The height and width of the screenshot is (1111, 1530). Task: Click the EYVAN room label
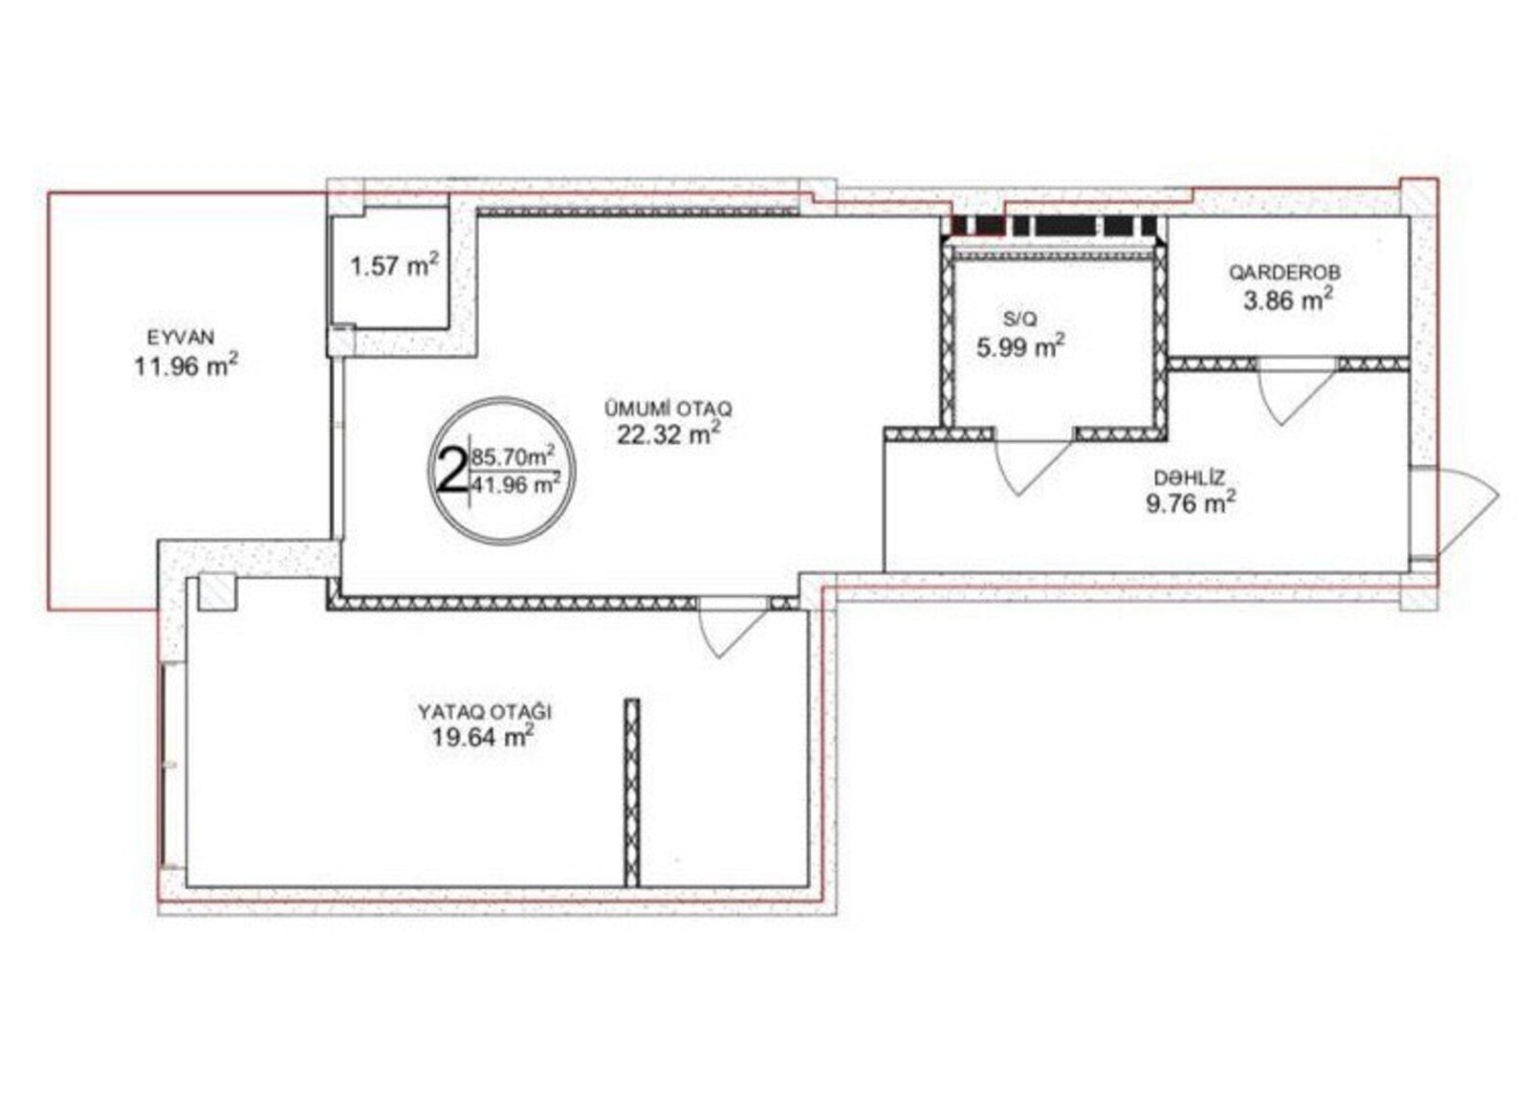[x=181, y=337]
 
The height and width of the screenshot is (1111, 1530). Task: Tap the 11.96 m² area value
[x=186, y=366]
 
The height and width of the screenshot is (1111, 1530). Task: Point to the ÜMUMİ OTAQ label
[x=668, y=409]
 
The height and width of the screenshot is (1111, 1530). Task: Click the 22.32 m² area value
[x=668, y=433]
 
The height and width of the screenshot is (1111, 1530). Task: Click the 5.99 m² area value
[x=1020, y=346]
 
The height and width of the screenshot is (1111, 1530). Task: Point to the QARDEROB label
[x=1285, y=272]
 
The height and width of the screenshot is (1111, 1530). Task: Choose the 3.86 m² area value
[x=1287, y=300]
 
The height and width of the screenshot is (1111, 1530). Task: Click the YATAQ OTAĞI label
[x=485, y=712]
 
